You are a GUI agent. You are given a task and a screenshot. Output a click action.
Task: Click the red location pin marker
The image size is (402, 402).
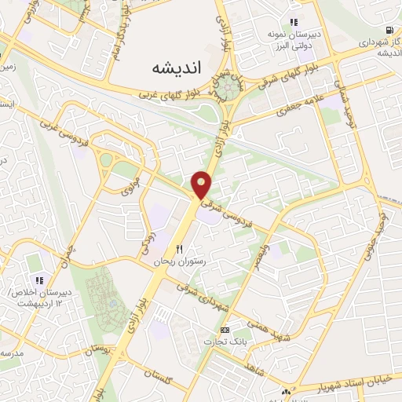pyautogui.click(x=202, y=184)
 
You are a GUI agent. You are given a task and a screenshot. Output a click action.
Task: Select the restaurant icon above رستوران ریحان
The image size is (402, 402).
pyautogui.click(x=179, y=249)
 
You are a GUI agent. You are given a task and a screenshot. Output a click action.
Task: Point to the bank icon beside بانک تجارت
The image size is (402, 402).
pyautogui.click(x=225, y=331)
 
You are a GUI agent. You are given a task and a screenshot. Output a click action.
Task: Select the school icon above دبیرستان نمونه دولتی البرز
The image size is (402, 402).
pyautogui.click(x=293, y=23)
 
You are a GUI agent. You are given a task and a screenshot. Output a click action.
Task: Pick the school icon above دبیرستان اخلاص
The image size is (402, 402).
pyautogui.click(x=38, y=280)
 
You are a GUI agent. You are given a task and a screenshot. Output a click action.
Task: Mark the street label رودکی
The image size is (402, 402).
pyautogui.click(x=148, y=241)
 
